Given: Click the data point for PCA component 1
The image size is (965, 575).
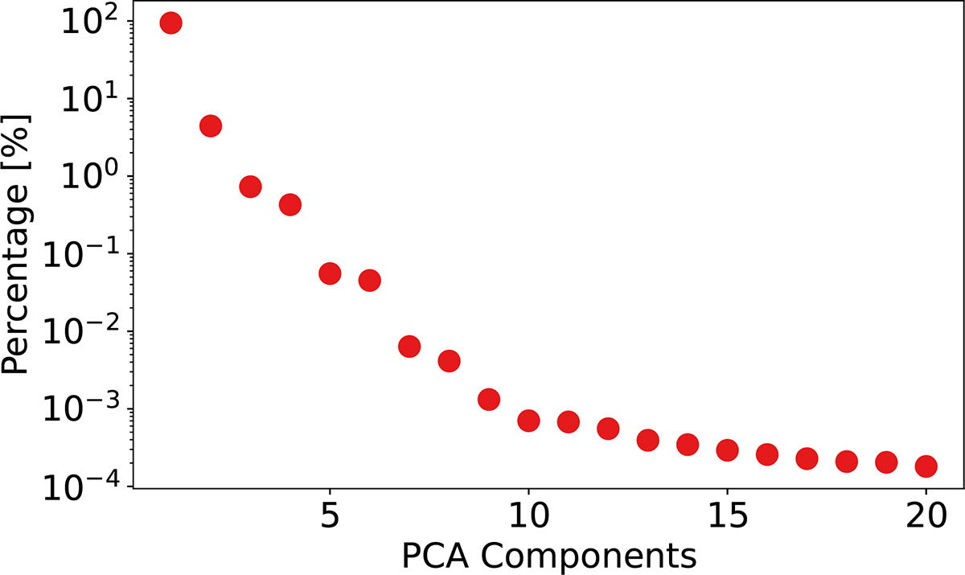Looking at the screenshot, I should pyautogui.click(x=170, y=23).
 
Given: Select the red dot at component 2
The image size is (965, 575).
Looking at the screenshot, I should pyautogui.click(x=210, y=126).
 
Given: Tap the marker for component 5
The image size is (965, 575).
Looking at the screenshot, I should pyautogui.click(x=330, y=273).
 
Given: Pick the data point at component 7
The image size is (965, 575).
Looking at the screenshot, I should pyautogui.click(x=409, y=347).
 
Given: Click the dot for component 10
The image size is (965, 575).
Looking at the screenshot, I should pyautogui.click(x=528, y=421).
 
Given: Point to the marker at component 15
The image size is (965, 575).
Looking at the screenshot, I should pyautogui.click(x=727, y=450).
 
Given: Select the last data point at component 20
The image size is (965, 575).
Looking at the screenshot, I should pyautogui.click(x=926, y=466).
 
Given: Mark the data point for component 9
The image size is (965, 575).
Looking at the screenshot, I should pyautogui.click(x=489, y=400).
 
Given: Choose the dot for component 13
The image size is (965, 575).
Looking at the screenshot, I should pyautogui.click(x=647, y=440).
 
